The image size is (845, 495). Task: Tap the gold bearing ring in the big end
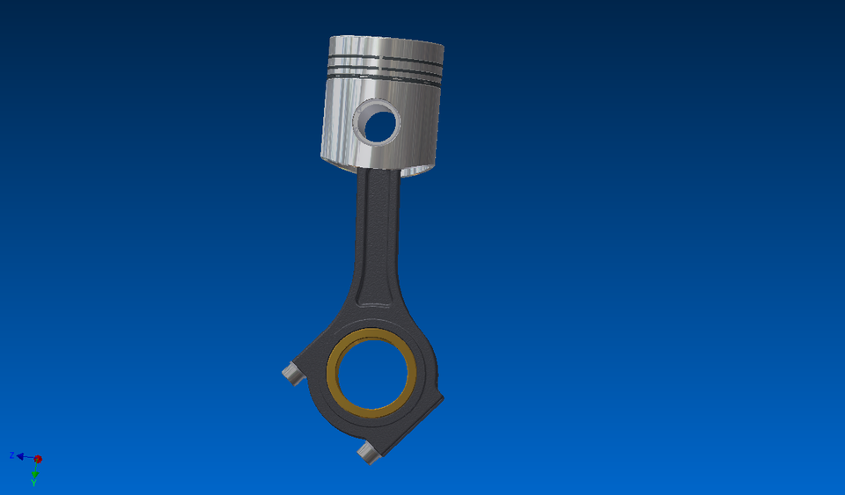click(x=333, y=374)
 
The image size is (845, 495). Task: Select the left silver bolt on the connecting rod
click(x=290, y=374)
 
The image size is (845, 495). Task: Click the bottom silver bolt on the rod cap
click(x=368, y=453)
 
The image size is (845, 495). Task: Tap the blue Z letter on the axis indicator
click(x=11, y=455)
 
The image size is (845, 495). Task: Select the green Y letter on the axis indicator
click(x=34, y=483)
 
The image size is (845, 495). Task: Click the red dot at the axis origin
click(x=38, y=459)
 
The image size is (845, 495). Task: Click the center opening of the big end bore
click(x=373, y=375)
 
